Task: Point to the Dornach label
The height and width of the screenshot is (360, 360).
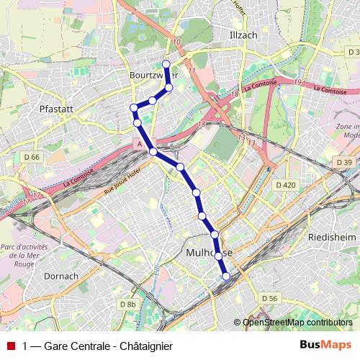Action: click(x=61, y=276)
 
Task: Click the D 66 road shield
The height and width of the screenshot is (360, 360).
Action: click(x=32, y=157)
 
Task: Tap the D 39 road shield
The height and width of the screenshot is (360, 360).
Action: click(x=343, y=162)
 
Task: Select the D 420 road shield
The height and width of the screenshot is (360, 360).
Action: click(x=286, y=185)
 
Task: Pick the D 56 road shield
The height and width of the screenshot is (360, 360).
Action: click(x=269, y=298)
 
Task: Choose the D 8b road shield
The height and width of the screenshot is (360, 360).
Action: click(x=127, y=305)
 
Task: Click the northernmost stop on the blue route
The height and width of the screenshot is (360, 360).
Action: click(x=166, y=64)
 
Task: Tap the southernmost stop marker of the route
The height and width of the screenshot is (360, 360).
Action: click(x=226, y=276)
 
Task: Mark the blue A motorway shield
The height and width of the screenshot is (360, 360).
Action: click(x=138, y=144)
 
